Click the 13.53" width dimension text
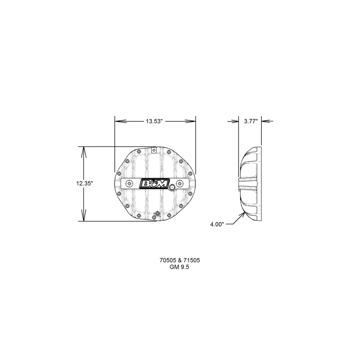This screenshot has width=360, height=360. pyautogui.click(x=154, y=121)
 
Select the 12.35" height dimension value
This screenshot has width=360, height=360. pyautogui.click(x=84, y=183)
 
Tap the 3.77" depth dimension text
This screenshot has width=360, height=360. pyautogui.click(x=250, y=121)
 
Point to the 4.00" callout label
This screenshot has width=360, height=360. pyautogui.click(x=217, y=225)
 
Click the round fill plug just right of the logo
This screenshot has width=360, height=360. pyautogui.click(x=172, y=187)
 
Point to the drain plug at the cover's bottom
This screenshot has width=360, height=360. pyautogui.click(x=157, y=214)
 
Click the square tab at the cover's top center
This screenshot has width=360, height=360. pyautogui.click(x=153, y=150)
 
